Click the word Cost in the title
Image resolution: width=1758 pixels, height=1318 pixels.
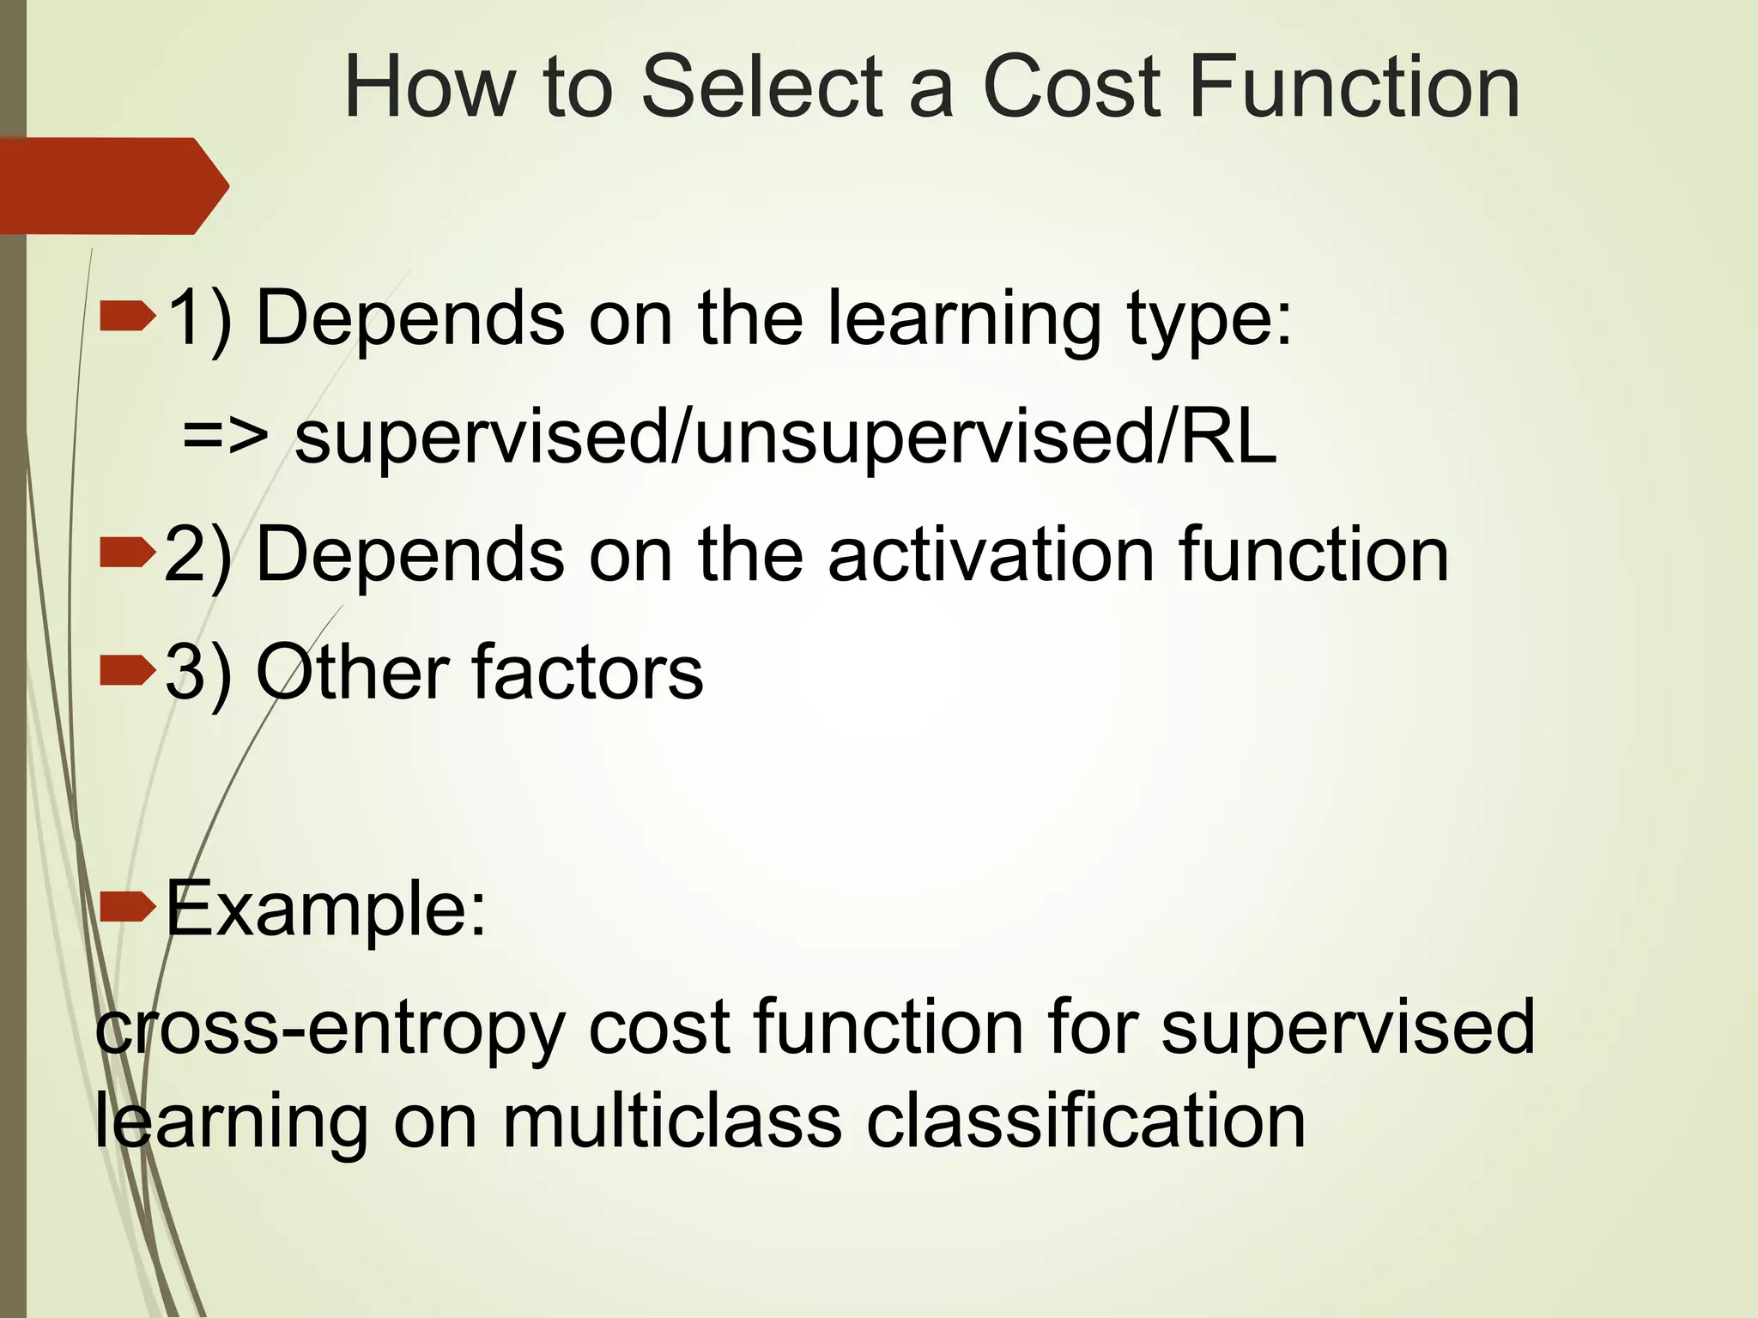[x=1071, y=87]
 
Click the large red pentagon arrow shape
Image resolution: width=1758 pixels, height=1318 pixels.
[x=112, y=186]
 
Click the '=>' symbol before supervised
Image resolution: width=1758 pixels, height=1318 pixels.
[x=225, y=437]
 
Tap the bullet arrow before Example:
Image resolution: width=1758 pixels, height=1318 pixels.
[x=127, y=907]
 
